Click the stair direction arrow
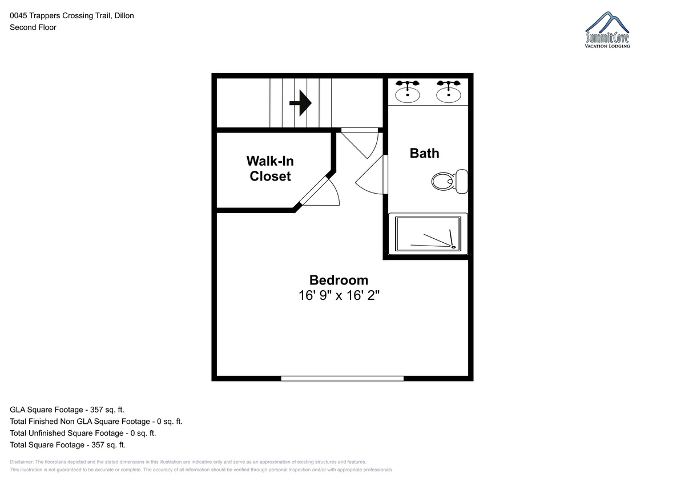301,103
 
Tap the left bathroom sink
408,91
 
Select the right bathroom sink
448,91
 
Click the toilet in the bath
450,182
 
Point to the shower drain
453,247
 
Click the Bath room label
425,153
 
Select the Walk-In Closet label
270,169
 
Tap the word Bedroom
339,280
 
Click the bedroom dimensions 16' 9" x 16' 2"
339,295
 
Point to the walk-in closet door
320,192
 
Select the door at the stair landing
361,143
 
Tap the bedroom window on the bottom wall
342,379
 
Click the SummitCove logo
607,30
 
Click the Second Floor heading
33,27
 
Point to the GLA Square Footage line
67,410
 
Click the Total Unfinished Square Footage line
83,433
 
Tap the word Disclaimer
22,462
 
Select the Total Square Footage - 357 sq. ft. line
67,444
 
